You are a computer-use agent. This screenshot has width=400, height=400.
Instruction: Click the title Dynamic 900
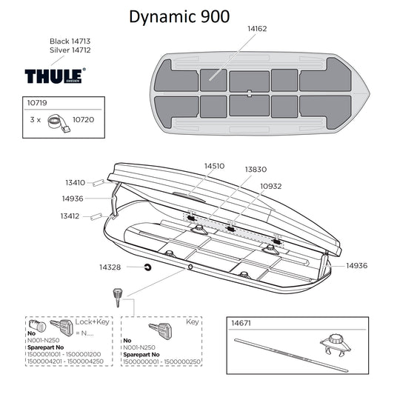[179, 16]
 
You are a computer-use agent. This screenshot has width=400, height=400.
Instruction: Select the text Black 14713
[70, 41]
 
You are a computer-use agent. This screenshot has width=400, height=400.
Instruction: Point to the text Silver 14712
[70, 50]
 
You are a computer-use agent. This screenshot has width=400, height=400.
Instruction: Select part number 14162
[259, 27]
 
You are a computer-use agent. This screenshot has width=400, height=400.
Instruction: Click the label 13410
[75, 182]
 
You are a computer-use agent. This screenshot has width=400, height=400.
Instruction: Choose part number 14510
[214, 167]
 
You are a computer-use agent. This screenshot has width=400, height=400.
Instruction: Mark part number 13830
[256, 170]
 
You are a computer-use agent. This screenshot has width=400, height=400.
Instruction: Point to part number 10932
[270, 186]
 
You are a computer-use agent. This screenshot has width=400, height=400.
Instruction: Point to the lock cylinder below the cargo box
[116, 296]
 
